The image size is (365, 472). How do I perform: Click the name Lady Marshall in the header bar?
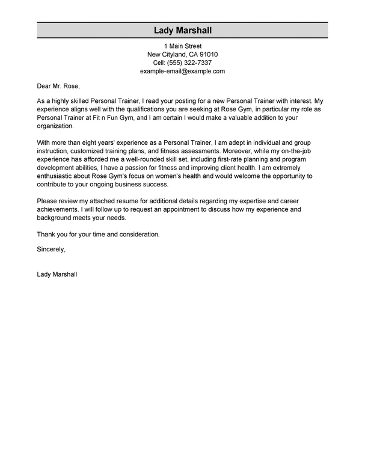click(182, 31)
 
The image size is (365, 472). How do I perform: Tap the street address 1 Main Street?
click(182, 46)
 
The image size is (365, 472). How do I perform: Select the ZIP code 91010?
click(206, 55)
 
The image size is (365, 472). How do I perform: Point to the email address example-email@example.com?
click(182, 72)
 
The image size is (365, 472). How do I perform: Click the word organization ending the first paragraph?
click(56, 127)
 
